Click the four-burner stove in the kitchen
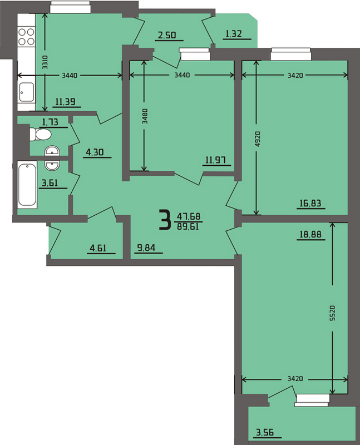tap(26, 36)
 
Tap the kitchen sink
tap(26, 92)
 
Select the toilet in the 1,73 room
tap(40, 134)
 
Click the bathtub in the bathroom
tap(27, 185)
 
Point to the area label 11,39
tap(66, 101)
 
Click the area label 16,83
tap(310, 203)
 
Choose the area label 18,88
tap(310, 234)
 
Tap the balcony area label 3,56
tap(265, 432)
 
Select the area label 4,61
tap(98, 248)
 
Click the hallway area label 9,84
tap(146, 248)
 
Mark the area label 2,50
tap(167, 35)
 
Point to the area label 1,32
tap(234, 34)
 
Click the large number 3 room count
tap(165, 219)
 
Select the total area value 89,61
tap(188, 226)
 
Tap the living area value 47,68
tap(189, 216)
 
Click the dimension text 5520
tap(333, 313)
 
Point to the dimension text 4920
tap(257, 139)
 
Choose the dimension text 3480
tap(145, 116)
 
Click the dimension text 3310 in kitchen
tap(45, 62)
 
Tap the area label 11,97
tap(215, 160)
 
